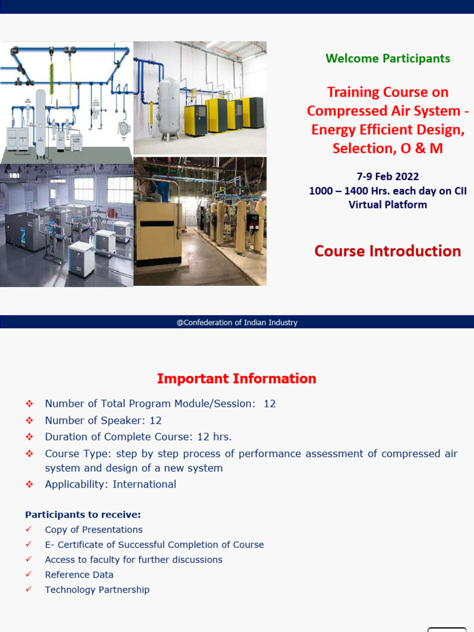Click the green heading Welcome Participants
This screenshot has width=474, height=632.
(x=388, y=59)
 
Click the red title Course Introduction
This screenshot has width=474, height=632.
(x=388, y=251)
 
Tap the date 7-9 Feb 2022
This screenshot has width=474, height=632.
(x=388, y=177)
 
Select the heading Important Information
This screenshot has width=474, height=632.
(x=236, y=378)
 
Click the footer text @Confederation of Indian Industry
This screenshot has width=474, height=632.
(x=237, y=322)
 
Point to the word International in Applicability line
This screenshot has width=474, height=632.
(x=144, y=484)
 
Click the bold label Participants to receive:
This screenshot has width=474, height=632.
(x=83, y=514)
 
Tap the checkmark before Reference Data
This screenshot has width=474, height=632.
(x=29, y=575)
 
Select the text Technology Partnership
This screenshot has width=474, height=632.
(x=97, y=589)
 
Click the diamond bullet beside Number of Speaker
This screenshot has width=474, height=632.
(x=29, y=420)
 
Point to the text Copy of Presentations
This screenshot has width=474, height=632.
(x=93, y=530)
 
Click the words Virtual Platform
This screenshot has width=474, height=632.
(x=388, y=205)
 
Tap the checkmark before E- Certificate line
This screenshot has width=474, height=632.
(x=29, y=544)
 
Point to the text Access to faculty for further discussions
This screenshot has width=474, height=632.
(x=133, y=560)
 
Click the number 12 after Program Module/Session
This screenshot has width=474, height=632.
(x=269, y=404)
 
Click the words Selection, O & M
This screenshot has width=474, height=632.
(x=388, y=149)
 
